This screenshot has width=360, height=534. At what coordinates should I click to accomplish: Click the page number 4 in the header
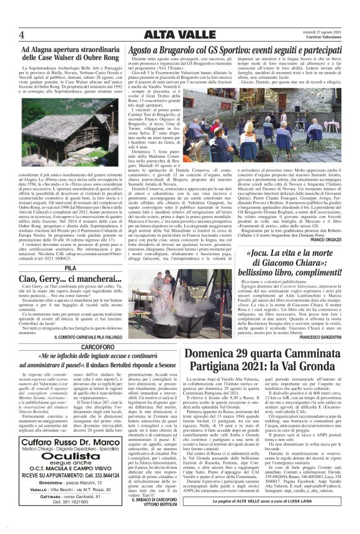click(x=22, y=34)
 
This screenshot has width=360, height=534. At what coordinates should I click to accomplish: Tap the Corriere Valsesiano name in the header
click(x=326, y=38)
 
